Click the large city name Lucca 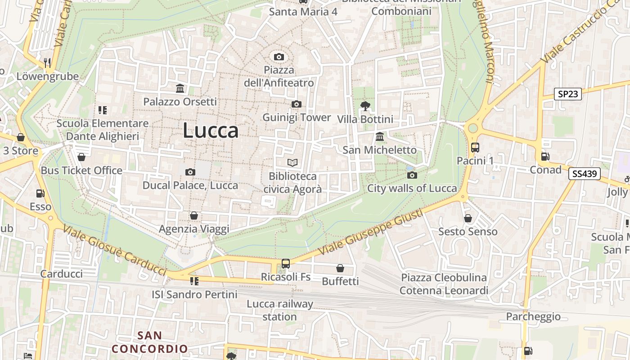[211, 130]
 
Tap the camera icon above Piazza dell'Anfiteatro [279, 57]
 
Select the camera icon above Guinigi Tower [296, 104]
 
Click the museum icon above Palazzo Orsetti [180, 88]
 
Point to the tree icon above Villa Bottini [365, 106]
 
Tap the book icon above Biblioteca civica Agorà [292, 162]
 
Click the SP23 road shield [568, 94]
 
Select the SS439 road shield [585, 174]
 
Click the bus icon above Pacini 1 [475, 147]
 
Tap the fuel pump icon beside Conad [545, 157]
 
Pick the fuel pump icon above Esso [40, 193]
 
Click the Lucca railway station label [279, 310]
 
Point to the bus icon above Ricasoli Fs [286, 263]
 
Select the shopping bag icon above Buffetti [340, 268]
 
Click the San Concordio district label [149, 342]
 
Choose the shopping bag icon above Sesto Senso [468, 218]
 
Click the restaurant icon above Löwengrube [47, 63]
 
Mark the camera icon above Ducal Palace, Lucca [190, 172]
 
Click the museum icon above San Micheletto [380, 136]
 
